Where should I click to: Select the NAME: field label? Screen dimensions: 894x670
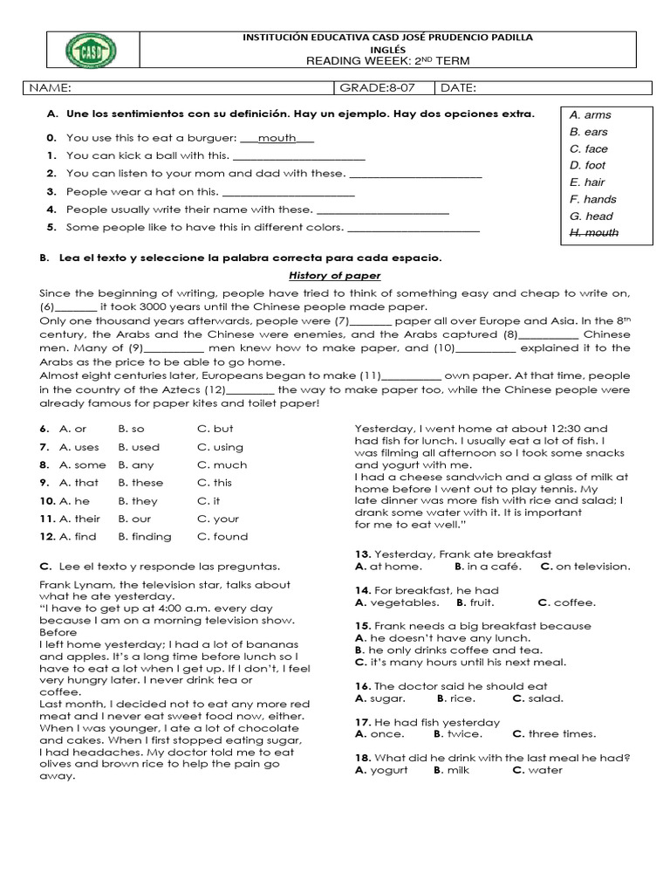51,88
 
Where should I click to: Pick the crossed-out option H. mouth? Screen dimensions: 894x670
594,233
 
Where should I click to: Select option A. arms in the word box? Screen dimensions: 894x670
590,114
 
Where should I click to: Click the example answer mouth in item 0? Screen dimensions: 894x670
277,138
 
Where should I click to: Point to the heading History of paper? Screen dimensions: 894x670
334,276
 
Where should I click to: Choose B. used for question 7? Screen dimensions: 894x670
139,447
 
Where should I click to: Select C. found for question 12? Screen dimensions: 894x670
222,537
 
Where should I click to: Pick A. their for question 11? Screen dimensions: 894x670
79,519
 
